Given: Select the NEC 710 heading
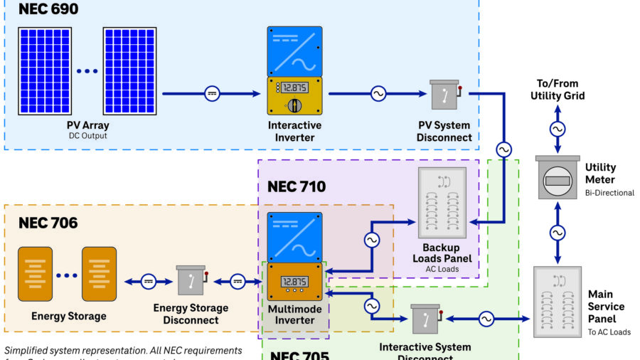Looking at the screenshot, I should [296, 187].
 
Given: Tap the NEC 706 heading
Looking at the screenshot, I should [48, 223].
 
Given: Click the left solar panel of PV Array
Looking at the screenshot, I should [44, 70].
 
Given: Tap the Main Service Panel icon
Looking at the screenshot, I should [558, 302].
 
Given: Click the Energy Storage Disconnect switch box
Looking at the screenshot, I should [191, 282].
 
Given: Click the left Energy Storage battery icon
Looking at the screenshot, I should [35, 274].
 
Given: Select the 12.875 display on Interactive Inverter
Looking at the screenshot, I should [294, 88].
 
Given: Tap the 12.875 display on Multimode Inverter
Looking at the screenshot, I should [294, 280].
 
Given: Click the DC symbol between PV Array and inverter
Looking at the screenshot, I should [212, 93].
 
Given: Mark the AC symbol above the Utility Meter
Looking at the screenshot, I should [558, 129].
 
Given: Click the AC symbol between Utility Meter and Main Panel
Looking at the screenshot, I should [558, 233].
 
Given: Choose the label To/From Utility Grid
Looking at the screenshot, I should [558, 90].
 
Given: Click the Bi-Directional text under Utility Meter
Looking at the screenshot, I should [609, 192].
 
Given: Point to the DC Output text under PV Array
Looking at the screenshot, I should [87, 135].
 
